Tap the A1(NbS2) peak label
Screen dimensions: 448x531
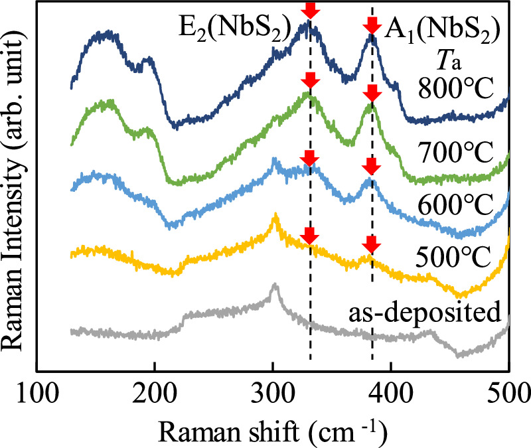[x=427, y=29]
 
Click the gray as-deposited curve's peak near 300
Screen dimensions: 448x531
[x=273, y=287]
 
